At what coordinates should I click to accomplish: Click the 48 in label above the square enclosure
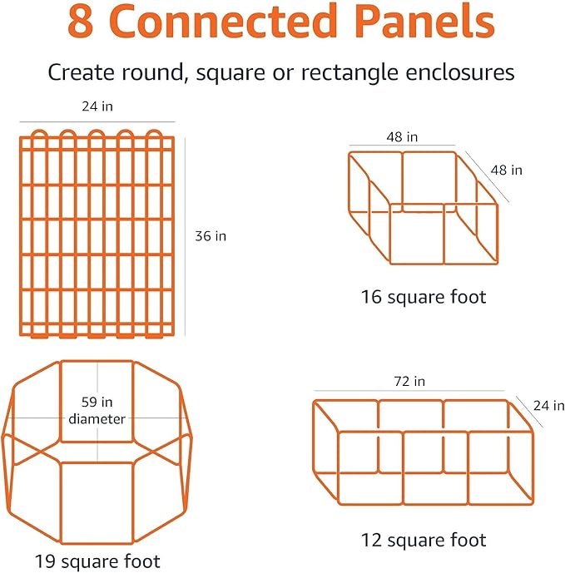402,136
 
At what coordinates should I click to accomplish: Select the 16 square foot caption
424,296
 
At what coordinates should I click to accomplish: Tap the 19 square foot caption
97,560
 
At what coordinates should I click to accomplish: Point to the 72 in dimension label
409,381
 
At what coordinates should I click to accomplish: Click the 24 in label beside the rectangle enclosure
542,406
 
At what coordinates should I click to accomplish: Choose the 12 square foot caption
424,540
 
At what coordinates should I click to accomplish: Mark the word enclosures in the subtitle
461,72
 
